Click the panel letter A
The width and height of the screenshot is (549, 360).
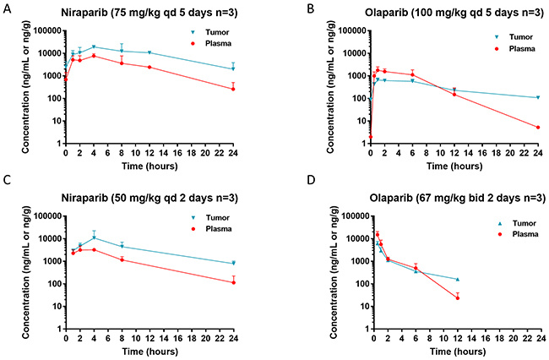[6, 7]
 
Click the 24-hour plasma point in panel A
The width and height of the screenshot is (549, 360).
[233, 89]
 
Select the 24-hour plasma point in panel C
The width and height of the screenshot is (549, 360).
[233, 281]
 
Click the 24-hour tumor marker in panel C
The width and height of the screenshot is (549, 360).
[233, 263]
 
